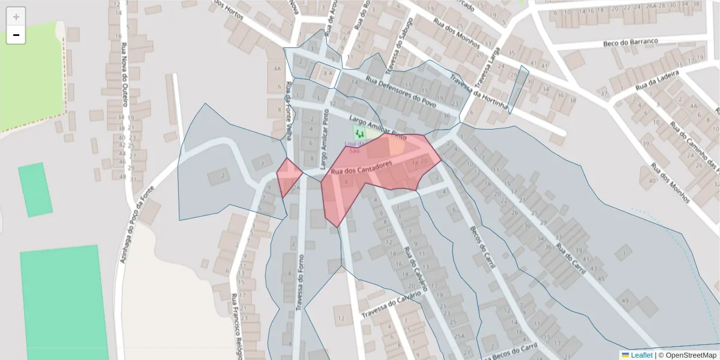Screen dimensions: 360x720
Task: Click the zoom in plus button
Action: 16,17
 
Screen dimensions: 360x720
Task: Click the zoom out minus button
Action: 16,35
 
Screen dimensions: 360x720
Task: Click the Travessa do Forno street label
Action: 298,282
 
